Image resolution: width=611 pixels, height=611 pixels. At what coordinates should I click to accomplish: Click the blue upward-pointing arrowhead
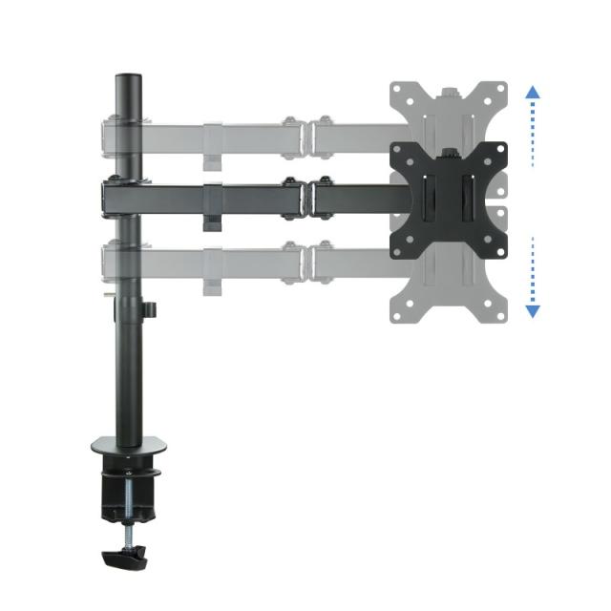533,93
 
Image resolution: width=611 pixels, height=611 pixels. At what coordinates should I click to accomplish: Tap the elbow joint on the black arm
305,197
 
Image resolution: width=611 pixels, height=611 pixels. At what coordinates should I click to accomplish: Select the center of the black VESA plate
448,198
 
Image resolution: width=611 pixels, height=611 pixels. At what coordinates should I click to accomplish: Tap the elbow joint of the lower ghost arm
305,260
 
